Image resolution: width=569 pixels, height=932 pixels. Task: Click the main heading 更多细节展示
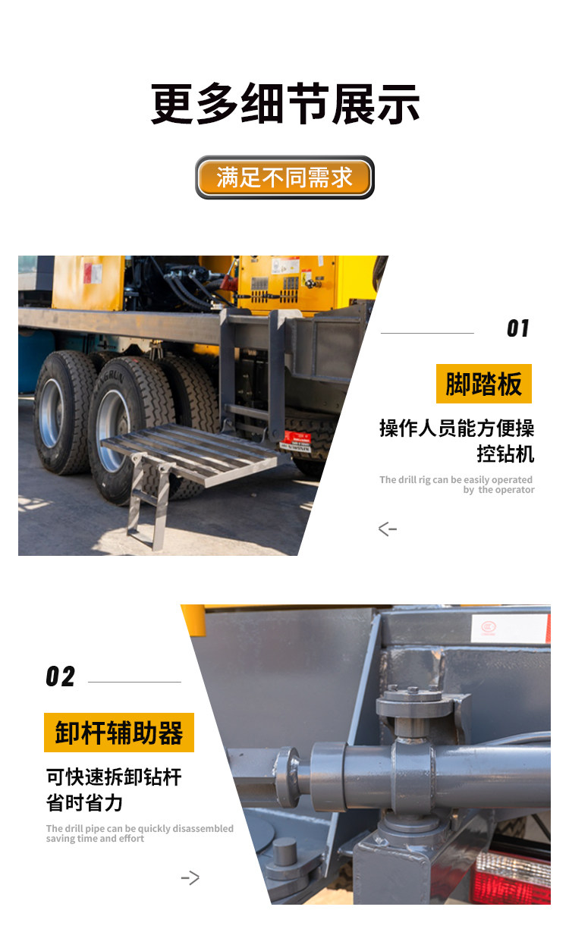coord(284,104)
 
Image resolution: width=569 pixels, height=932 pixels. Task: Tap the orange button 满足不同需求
coord(284,177)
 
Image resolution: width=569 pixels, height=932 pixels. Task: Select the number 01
coord(518,328)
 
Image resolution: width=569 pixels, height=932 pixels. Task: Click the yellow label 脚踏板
coord(484,384)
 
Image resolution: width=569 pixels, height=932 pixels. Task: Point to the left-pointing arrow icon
coord(388,529)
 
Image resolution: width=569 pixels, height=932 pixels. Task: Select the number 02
coord(61,676)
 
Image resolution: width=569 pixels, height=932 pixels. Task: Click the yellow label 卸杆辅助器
coord(119,733)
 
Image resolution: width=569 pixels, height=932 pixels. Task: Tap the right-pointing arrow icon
coord(190,877)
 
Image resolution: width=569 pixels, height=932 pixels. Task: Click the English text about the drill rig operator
coord(457,485)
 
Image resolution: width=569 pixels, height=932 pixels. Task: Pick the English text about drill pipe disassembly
coord(140,833)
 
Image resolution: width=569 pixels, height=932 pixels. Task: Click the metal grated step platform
coord(190,454)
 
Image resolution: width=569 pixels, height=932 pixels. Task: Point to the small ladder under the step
coord(148,503)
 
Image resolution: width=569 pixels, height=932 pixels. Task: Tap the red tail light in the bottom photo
coord(512,877)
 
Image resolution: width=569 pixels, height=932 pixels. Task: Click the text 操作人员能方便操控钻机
coord(457,441)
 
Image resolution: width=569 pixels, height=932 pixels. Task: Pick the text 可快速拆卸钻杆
coord(114,777)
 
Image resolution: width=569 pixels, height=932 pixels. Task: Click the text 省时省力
coord(84,802)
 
